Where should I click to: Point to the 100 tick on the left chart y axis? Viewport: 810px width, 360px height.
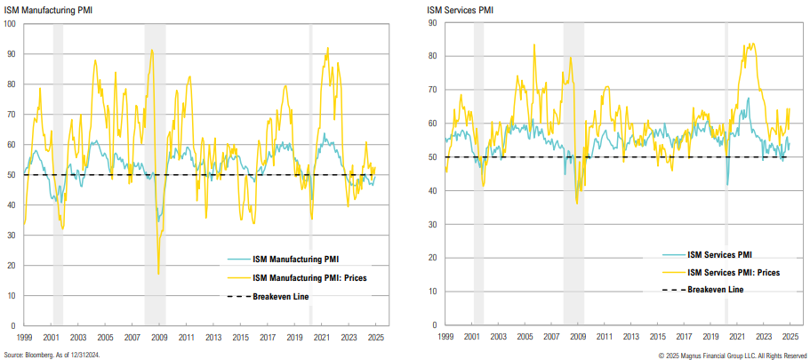(10, 24)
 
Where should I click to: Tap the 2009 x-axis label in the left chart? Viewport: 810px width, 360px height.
(158, 338)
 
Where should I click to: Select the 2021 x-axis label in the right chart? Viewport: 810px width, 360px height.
(735, 338)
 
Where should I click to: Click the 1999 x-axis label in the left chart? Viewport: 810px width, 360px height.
(24, 338)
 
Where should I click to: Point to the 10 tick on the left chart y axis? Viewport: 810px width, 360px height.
(12, 295)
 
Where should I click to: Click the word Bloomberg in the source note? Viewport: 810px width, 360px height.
(37, 355)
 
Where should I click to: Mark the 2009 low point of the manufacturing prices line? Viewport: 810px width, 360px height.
(158, 274)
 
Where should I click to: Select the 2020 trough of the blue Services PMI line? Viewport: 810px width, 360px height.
(727, 185)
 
